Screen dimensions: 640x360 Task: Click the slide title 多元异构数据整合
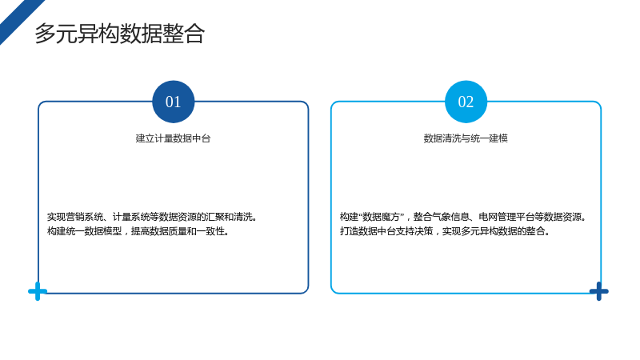click(x=119, y=34)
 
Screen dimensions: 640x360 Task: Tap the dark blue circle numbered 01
click(x=173, y=102)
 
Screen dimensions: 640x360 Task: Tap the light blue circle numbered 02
click(x=466, y=102)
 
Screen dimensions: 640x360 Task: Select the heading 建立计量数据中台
click(x=173, y=138)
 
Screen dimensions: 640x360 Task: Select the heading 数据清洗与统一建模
click(x=466, y=138)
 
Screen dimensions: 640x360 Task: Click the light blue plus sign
click(x=38, y=291)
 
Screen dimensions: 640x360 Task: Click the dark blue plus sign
click(x=598, y=291)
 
